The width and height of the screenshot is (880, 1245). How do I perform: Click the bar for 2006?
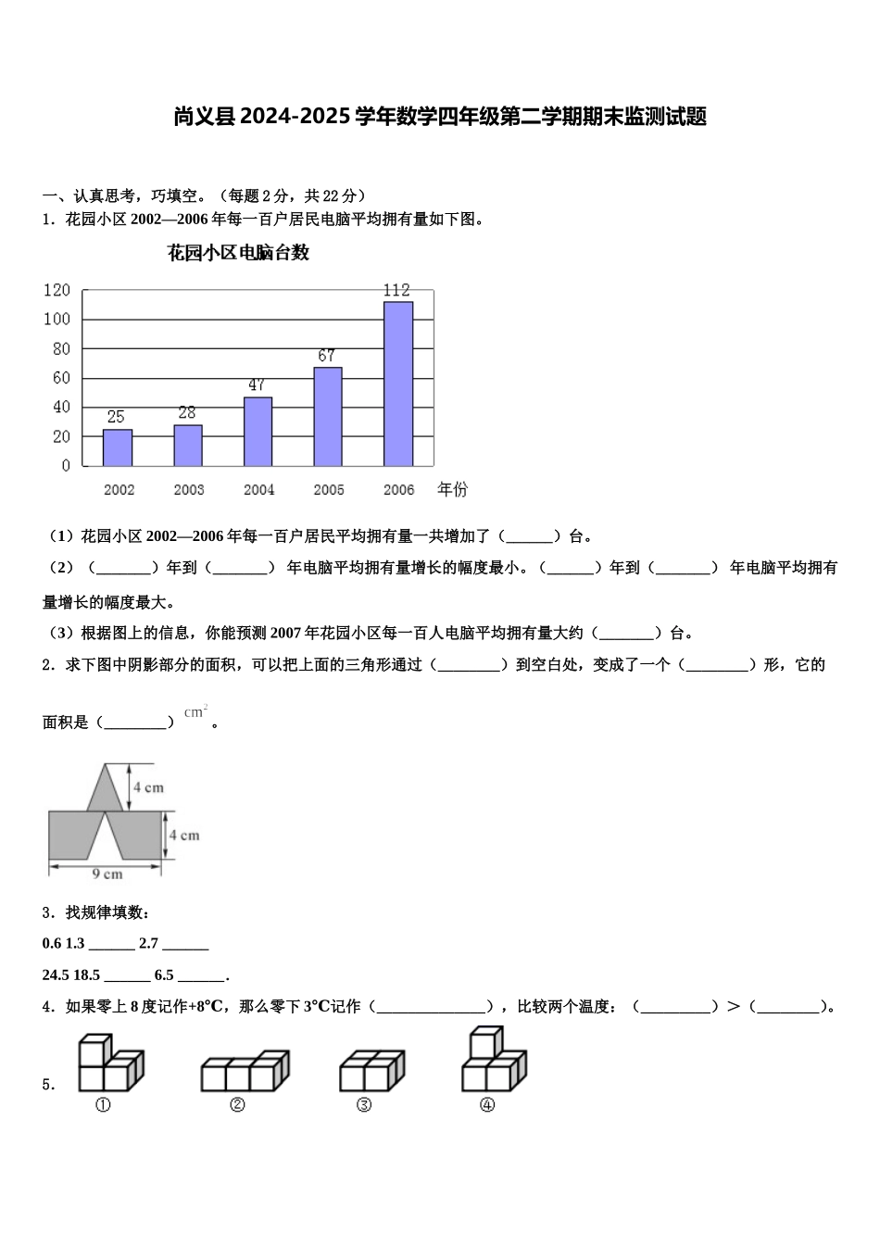(x=398, y=384)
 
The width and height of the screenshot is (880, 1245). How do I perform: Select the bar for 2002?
(x=118, y=447)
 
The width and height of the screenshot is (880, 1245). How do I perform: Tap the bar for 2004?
(x=258, y=431)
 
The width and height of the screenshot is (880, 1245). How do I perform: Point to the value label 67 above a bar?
(x=326, y=356)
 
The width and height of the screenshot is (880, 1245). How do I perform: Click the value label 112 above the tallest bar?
(x=396, y=290)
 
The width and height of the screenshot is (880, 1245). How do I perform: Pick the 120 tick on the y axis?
(x=57, y=290)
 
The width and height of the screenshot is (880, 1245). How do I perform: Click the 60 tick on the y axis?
(x=61, y=378)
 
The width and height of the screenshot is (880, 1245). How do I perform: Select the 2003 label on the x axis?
(x=189, y=490)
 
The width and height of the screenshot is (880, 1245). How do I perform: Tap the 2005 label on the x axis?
(x=329, y=490)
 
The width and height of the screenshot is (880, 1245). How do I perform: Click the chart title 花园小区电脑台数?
(x=238, y=253)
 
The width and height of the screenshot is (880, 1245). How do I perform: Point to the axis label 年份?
(x=452, y=489)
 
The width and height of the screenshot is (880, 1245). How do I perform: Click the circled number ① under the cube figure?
(x=103, y=1105)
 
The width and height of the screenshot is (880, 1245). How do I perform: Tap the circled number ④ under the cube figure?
(x=487, y=1105)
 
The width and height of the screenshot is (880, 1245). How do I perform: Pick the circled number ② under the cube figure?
(x=238, y=1105)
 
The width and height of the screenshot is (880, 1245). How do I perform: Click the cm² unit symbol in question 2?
(x=195, y=712)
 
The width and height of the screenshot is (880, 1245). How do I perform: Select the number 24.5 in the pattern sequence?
(x=56, y=975)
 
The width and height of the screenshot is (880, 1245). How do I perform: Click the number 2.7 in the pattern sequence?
(x=148, y=944)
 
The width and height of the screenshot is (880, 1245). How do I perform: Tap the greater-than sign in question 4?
(x=734, y=1007)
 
